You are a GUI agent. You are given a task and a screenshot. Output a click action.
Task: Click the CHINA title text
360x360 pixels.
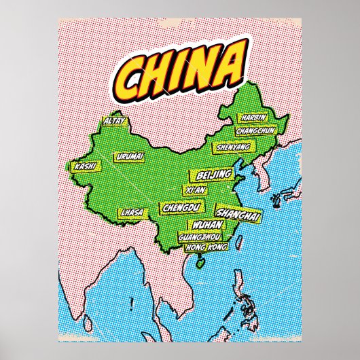[179, 66]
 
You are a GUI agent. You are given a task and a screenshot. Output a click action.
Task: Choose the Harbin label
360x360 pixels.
[253, 118]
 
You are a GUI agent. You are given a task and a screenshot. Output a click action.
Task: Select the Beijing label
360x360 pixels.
[214, 176]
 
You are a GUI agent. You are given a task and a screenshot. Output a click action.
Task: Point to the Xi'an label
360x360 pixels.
[195, 190]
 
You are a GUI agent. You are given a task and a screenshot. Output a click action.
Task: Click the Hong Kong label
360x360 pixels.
[204, 247]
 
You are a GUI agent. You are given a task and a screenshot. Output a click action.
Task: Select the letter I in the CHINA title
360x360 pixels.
[180, 67]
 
